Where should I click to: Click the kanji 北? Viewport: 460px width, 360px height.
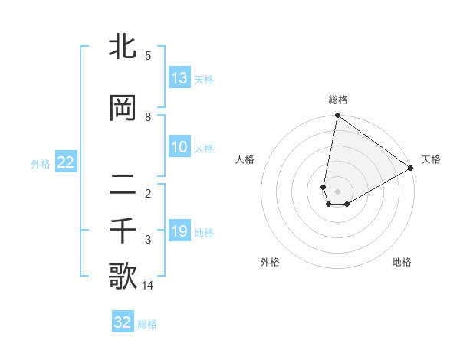[x=124, y=48]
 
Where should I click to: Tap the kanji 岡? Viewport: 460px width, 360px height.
[x=124, y=110]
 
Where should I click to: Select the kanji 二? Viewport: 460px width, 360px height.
[x=124, y=185]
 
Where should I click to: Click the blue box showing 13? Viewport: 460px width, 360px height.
[x=179, y=78]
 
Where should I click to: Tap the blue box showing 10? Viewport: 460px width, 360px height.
[x=179, y=147]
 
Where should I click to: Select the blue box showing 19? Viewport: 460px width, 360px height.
[x=179, y=231]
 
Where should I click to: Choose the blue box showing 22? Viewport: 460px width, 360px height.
[x=65, y=162]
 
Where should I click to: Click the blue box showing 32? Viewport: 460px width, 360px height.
[x=123, y=322]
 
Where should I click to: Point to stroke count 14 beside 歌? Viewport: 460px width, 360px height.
[x=148, y=286]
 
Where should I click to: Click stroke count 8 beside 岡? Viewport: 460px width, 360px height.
[x=148, y=117]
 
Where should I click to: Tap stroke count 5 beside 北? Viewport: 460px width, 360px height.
[x=148, y=56]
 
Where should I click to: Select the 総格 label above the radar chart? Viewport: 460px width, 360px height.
[x=338, y=100]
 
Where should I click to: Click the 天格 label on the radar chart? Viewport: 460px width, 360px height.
[x=431, y=159]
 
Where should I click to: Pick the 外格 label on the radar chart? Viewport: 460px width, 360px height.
[x=270, y=262]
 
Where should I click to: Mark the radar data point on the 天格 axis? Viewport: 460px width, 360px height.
[x=411, y=169]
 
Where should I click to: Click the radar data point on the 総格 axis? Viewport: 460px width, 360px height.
[x=337, y=116]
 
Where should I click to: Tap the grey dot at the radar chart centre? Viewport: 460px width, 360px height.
[x=337, y=191]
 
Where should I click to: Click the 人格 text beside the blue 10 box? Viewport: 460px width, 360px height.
[x=204, y=148]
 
